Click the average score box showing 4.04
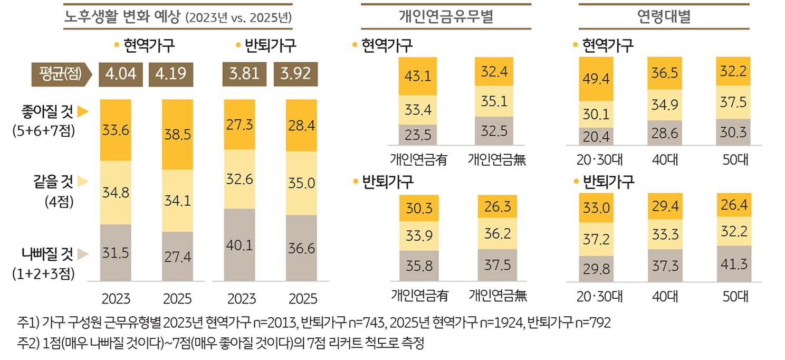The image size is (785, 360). click(x=121, y=74)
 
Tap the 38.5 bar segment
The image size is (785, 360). click(x=177, y=135)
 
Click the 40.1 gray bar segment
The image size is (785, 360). click(x=239, y=245)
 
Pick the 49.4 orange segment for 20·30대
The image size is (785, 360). click(x=596, y=79)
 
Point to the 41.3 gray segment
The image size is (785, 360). click(x=733, y=263)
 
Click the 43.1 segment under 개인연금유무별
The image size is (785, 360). click(x=417, y=77)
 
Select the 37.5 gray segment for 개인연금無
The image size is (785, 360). click(x=497, y=265)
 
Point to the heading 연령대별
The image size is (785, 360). click(x=664, y=16)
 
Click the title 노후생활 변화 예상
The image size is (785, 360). click(x=122, y=16)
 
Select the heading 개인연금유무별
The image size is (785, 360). click(x=446, y=16)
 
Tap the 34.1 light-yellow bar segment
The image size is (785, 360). click(x=177, y=201)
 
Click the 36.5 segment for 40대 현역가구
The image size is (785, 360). click(x=664, y=72)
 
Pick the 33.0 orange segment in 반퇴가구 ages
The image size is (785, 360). click(x=596, y=208)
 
